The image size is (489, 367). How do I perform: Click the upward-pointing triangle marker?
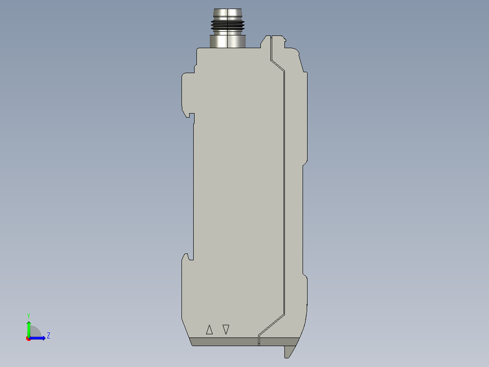[209, 330]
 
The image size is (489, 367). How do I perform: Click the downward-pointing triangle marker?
[226, 329]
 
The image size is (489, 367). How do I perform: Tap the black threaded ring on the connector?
[227, 26]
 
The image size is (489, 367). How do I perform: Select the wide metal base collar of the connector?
[227, 40]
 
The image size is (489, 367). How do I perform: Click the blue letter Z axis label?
[48, 336]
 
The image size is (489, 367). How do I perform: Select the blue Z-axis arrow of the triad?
[39, 338]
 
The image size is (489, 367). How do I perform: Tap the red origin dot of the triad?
[29, 338]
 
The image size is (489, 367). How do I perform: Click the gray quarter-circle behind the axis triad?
[36, 332]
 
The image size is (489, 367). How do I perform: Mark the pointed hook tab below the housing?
[289, 351]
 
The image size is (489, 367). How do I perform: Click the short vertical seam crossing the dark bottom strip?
[259, 341]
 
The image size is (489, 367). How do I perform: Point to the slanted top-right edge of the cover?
[301, 61]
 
